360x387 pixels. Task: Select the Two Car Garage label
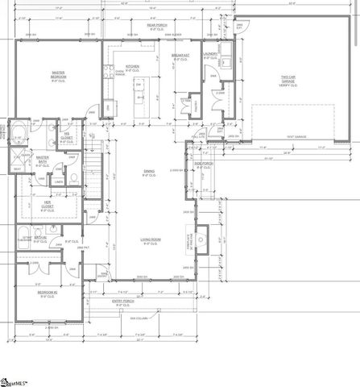(290, 80)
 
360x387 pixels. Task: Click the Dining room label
(149, 173)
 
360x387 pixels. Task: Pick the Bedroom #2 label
(46, 296)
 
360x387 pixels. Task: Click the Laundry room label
(211, 56)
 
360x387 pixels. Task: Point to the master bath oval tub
(17, 131)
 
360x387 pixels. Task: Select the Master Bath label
(43, 160)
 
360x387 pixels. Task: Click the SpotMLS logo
(18, 379)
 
